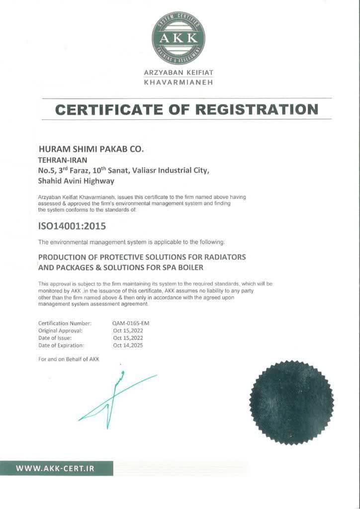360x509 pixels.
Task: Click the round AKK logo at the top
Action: point(178,38)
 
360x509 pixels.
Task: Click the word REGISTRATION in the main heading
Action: point(257,109)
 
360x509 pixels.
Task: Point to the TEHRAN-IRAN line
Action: point(63,160)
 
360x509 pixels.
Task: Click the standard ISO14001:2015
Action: point(72,226)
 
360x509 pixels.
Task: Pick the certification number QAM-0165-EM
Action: point(131,323)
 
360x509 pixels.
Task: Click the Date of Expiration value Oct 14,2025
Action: point(128,345)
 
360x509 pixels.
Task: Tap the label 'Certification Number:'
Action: point(65,323)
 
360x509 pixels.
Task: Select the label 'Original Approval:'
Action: point(60,330)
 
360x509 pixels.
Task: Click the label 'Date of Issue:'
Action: point(55,338)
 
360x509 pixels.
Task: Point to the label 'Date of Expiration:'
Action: point(61,345)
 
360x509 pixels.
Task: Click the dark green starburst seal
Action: point(291,403)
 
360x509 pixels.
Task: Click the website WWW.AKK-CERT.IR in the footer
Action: point(55,468)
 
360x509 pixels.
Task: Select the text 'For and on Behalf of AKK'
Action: point(69,359)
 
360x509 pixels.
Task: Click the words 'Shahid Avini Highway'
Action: point(76,181)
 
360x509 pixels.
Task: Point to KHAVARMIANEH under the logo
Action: point(178,82)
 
